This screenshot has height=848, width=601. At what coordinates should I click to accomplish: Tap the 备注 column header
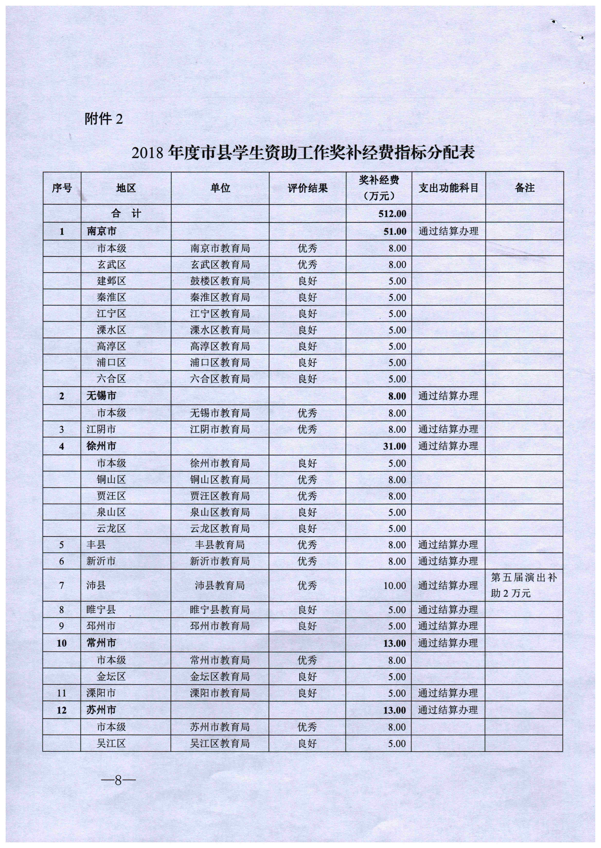524,188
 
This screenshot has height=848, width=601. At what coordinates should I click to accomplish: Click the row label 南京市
101,231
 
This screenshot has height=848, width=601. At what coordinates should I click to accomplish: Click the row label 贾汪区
111,496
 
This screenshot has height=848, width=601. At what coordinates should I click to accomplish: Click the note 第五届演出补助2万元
524,585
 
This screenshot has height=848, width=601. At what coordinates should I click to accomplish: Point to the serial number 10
61,643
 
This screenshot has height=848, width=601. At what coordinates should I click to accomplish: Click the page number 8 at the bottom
118,781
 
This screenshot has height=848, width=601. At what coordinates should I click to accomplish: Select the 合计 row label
126,213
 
